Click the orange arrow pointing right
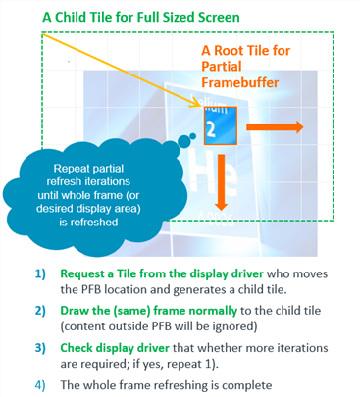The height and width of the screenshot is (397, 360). click(275, 126)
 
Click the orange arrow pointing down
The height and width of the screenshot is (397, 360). click(222, 182)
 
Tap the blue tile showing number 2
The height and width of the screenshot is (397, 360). click(221, 125)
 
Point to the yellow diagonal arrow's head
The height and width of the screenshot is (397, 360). click(197, 104)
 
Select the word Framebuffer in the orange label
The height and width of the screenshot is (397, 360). click(240, 82)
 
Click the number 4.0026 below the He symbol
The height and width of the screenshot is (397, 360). click(216, 220)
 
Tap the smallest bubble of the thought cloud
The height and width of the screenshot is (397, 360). click(193, 136)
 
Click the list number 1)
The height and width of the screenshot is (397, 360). click(40, 273)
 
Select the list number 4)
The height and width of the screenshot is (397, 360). click(40, 385)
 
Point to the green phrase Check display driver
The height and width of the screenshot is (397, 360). click(115, 348)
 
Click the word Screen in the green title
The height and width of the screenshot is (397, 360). click(219, 17)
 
